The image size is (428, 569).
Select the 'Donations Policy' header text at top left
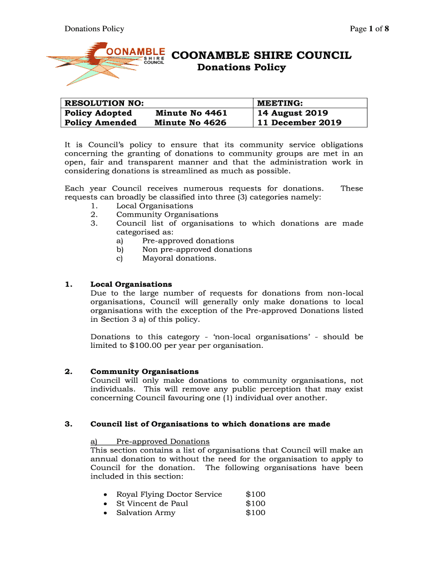pos(94,29)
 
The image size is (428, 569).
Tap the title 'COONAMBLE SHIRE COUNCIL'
pos(261,56)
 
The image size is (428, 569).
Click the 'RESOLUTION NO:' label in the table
pos(104,103)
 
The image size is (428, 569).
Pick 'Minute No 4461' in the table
pos(191,113)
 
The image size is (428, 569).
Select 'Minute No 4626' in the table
pos(191,122)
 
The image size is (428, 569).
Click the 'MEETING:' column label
pos(279,103)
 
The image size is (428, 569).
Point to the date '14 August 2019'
pos(292,113)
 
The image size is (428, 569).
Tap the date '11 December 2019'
pos(298,122)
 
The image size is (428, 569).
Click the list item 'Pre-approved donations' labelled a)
pos(188,241)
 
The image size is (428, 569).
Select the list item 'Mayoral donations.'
pos(179,258)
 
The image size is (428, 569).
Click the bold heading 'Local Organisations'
pos(131,284)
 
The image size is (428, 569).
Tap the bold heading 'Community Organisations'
pos(145,371)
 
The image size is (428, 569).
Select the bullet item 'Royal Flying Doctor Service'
pos(168,495)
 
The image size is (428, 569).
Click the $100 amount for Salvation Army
pos(255,512)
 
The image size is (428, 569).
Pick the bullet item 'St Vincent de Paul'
pos(152,503)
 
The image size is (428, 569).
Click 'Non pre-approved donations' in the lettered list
pos(197,249)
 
